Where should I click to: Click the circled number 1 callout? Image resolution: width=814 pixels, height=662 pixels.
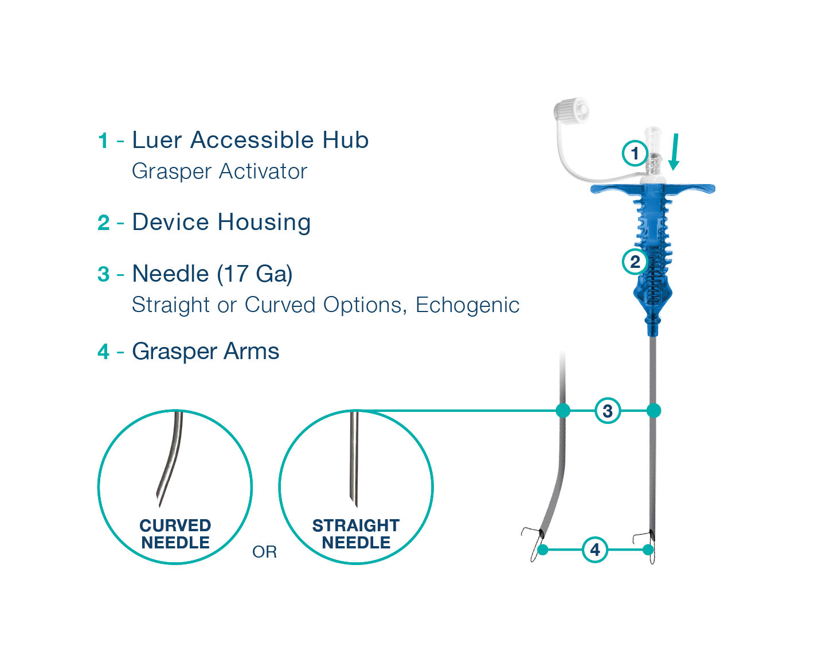coord(635,153)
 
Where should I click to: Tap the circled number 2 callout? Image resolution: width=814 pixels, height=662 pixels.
coord(635,262)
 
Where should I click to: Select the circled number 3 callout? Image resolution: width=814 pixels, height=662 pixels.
coord(608,411)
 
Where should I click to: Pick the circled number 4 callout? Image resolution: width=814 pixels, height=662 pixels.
coord(595,550)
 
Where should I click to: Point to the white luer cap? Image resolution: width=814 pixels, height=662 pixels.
coord(571,111)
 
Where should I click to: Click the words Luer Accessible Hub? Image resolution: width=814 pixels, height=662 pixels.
coord(251,140)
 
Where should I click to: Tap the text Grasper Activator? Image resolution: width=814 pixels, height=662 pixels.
coord(219,171)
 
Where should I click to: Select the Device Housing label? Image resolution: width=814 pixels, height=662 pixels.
coord(221,222)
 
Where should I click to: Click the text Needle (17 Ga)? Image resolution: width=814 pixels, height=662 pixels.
coord(212,274)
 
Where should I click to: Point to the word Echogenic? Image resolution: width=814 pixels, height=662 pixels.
coord(467,305)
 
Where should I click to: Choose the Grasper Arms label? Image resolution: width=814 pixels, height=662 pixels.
coord(205,351)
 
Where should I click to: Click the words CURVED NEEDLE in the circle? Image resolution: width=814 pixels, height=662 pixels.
coord(175,534)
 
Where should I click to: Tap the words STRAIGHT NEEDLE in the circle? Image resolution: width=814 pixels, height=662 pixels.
coord(356,534)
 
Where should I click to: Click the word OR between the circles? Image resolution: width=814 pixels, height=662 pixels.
coord(264,552)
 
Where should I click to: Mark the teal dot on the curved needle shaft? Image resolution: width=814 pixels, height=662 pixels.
coord(563,411)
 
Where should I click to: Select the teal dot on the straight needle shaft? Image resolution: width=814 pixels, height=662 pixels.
coord(653,411)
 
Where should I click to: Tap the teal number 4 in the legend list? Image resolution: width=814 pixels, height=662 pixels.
coord(103,352)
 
